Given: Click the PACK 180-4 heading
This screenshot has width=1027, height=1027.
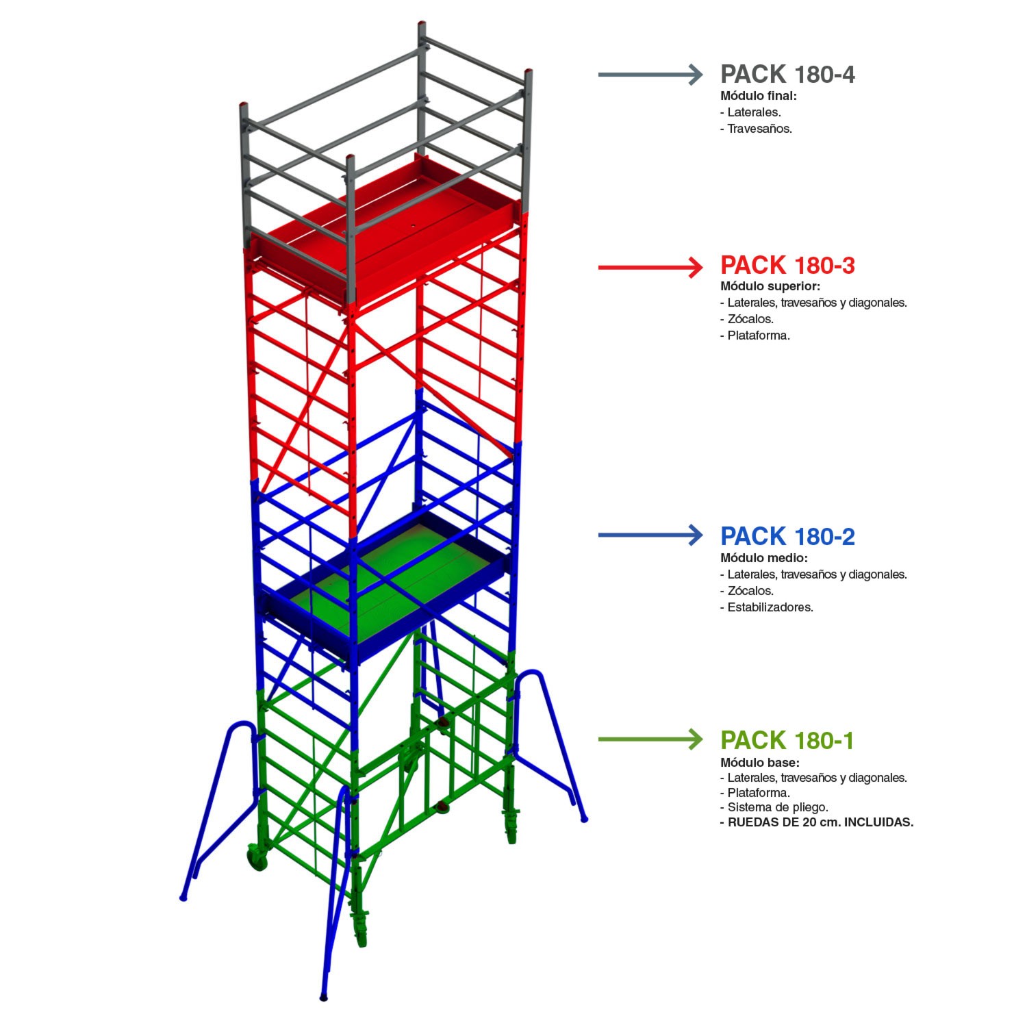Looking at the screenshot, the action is (x=787, y=74).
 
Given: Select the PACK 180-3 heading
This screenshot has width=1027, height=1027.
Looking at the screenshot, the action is (x=787, y=265).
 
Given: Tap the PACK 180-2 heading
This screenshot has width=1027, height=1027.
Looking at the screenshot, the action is (x=787, y=536).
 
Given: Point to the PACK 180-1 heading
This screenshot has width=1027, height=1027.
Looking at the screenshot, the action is (x=787, y=740).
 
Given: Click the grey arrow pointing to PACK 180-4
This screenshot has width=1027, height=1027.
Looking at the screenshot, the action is (x=650, y=74).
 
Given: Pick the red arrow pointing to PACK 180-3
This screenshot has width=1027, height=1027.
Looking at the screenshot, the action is (x=650, y=266).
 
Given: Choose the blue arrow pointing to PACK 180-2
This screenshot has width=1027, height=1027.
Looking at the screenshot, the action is (x=650, y=535).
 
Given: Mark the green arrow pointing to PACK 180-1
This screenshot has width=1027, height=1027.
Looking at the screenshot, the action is (x=650, y=739).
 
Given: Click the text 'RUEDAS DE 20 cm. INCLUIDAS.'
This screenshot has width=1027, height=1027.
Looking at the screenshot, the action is (x=817, y=822).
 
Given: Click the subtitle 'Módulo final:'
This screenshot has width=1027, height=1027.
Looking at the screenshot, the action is (x=759, y=96).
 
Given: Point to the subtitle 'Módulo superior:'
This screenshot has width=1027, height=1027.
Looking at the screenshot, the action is (x=770, y=286).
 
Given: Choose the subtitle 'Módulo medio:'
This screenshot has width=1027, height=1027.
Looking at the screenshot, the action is (x=764, y=558).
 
